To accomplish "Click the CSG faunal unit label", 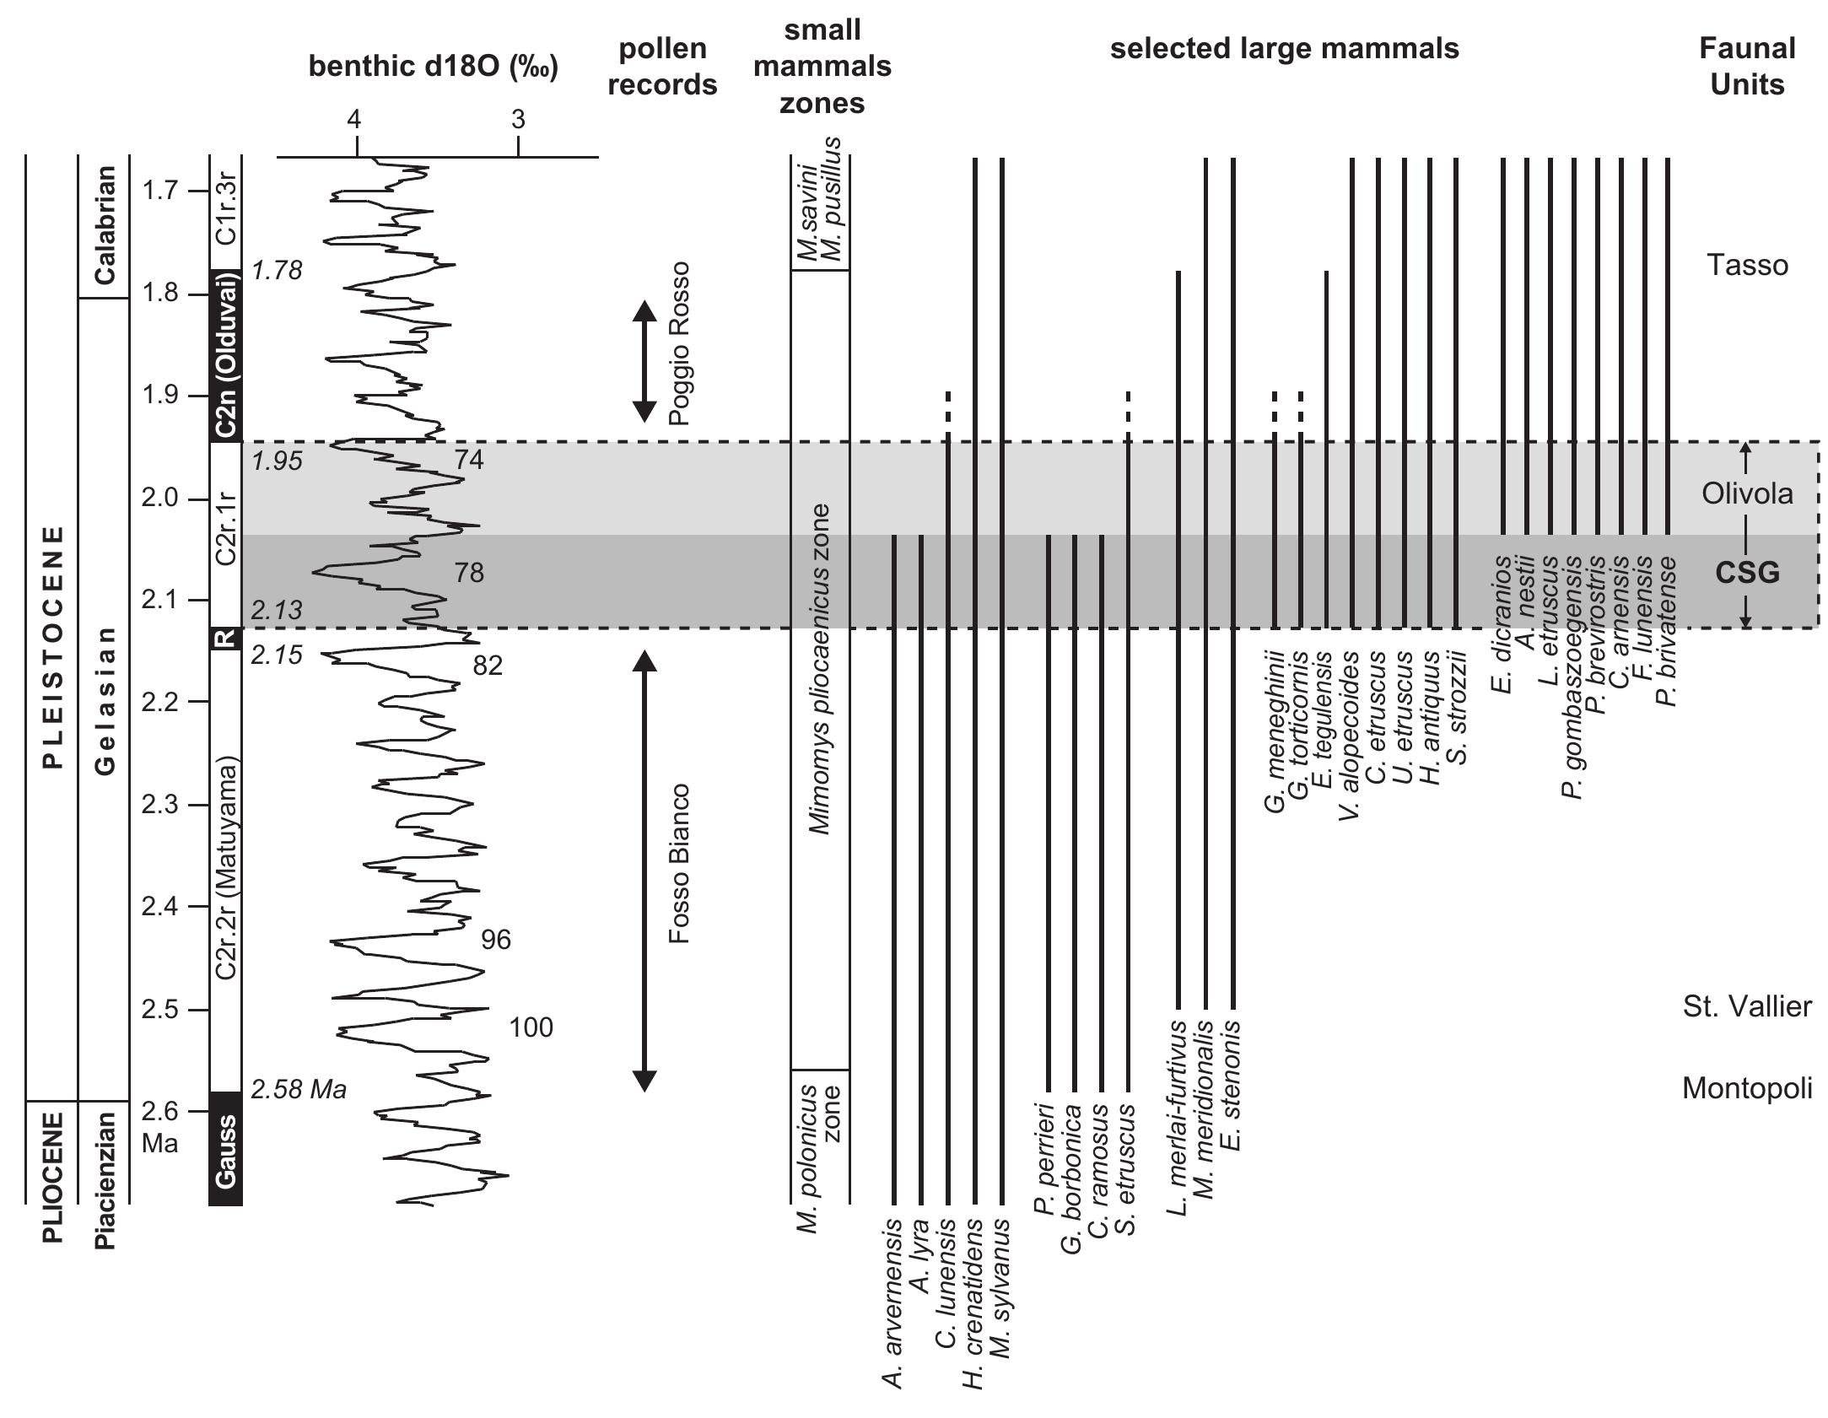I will tap(1747, 574).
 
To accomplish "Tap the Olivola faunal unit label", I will tap(1747, 493).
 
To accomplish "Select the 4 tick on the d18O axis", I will tap(356, 121).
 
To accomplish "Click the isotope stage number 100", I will tap(531, 1027).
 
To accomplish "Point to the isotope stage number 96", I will tap(495, 939).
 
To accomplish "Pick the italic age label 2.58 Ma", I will tap(299, 1090).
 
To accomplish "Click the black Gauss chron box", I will tap(225, 1151).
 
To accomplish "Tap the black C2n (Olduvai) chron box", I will tap(225, 355).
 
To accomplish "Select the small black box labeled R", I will tap(225, 639).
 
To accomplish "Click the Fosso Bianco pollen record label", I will tap(680, 865).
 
